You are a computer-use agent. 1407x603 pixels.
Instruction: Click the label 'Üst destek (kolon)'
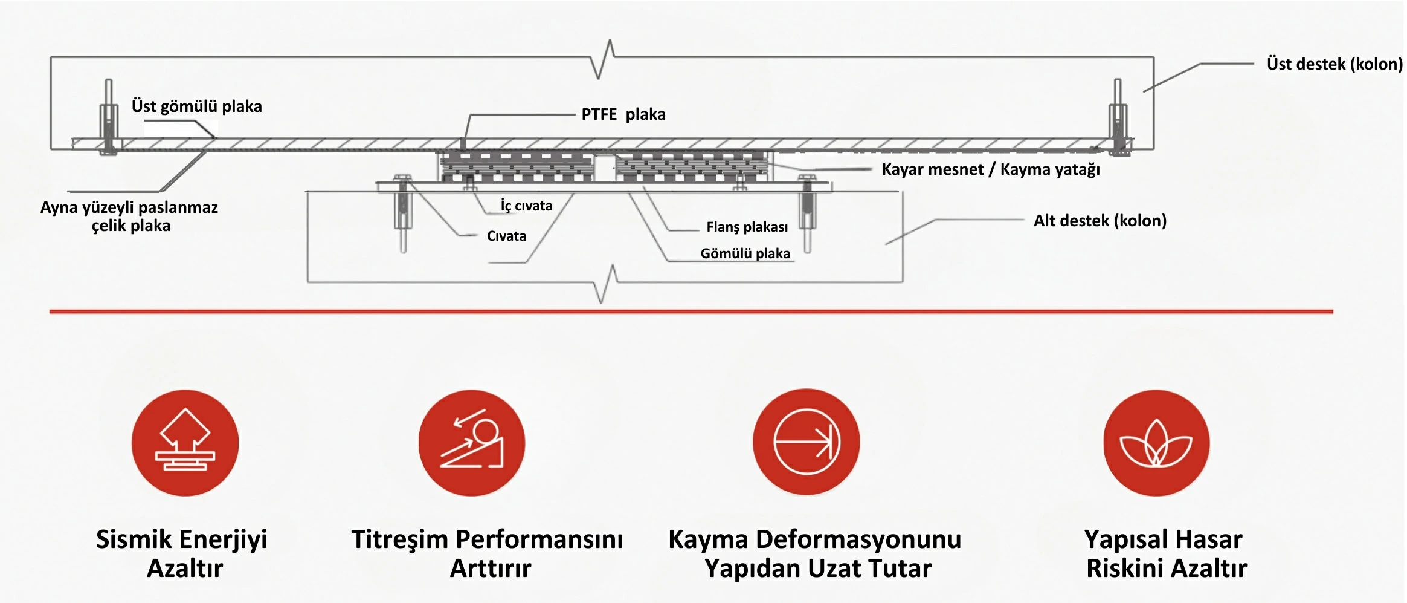click(x=1334, y=64)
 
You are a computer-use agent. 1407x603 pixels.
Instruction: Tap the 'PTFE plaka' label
click(x=623, y=114)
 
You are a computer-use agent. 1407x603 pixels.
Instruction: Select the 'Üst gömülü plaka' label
click(x=196, y=106)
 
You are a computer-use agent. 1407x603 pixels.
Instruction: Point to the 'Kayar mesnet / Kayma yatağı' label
click(x=990, y=169)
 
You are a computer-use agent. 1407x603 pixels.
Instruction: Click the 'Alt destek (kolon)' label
click(x=1100, y=220)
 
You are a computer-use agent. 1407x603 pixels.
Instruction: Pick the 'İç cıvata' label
click(x=526, y=206)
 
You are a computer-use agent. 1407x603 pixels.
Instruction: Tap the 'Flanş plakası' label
click(x=747, y=227)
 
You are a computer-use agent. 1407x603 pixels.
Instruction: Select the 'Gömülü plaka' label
click(x=745, y=253)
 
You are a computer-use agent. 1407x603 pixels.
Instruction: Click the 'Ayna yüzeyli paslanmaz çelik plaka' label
click(x=129, y=217)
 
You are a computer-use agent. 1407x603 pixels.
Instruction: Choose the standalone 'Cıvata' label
click(x=506, y=236)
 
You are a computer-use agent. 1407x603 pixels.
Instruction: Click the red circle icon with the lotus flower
click(x=1156, y=443)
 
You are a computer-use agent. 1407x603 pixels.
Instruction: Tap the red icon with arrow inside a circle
click(x=806, y=442)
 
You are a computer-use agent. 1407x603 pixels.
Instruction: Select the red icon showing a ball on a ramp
click(x=471, y=443)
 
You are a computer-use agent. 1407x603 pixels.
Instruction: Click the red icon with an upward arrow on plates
click(x=185, y=443)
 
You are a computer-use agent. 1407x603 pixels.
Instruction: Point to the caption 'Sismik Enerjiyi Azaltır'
click(x=182, y=553)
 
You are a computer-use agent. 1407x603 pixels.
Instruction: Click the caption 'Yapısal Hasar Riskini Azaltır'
click(x=1165, y=553)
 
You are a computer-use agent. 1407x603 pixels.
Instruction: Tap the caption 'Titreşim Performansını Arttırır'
click(x=488, y=553)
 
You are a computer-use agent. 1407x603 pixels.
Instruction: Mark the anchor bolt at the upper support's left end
click(x=109, y=118)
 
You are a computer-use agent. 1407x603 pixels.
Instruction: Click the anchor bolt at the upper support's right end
click(x=1118, y=118)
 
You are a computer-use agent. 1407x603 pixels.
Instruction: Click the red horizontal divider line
click(x=691, y=311)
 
